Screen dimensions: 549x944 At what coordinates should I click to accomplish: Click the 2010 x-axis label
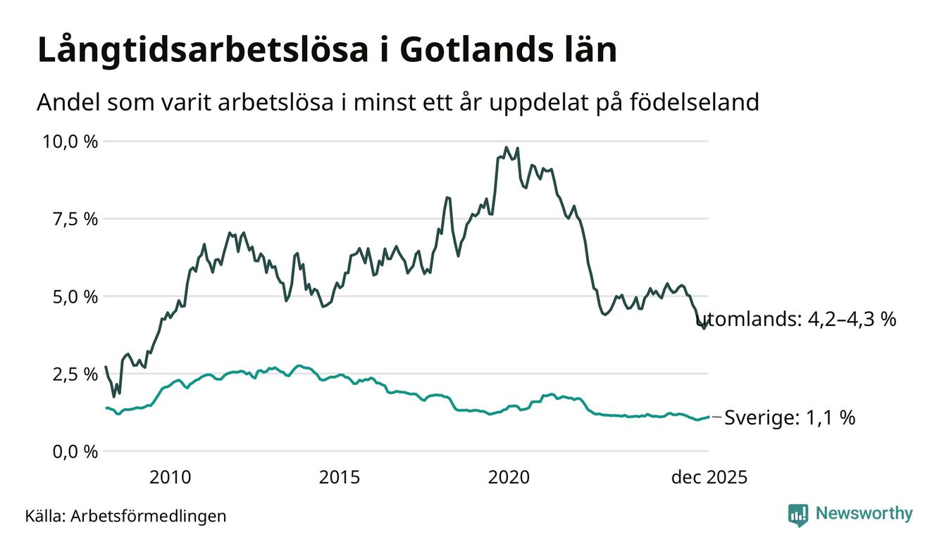click(x=170, y=478)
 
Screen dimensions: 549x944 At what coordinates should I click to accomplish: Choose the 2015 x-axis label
click(x=340, y=478)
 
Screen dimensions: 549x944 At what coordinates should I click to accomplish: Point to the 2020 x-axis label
click(x=509, y=478)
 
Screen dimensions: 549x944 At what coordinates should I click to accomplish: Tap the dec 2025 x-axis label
click(x=709, y=478)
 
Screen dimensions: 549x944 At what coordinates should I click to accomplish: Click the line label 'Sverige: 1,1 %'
click(x=790, y=418)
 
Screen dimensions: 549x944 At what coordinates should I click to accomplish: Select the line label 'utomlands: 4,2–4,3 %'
click(x=801, y=320)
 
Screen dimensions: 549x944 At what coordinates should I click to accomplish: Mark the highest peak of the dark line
click(x=506, y=148)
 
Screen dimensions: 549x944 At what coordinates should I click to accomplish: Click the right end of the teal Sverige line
click(x=708, y=417)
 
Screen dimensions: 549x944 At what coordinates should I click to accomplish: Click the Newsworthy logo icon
click(x=798, y=515)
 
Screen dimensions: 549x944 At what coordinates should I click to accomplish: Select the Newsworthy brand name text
click(x=864, y=514)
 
